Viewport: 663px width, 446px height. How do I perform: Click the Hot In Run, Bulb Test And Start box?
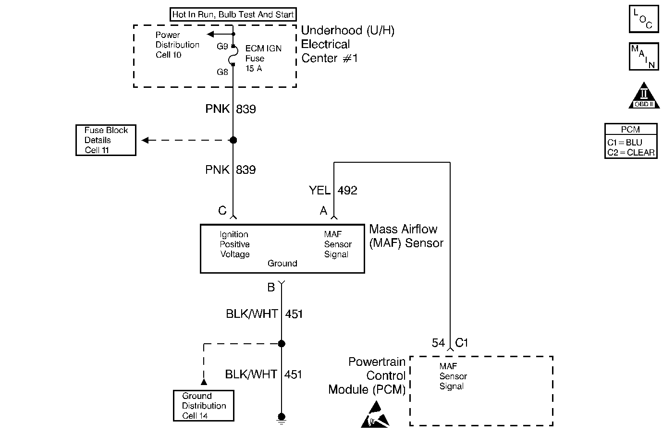coord(233,14)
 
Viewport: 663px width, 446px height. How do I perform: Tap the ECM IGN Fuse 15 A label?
coord(263,59)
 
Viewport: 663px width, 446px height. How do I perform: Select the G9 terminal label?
coord(222,47)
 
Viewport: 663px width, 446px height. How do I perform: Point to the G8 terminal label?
coord(222,72)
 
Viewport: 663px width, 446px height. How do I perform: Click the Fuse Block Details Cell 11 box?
coord(106,140)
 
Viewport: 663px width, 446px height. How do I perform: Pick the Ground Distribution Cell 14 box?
coord(204,406)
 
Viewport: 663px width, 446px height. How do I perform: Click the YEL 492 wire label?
coord(333,191)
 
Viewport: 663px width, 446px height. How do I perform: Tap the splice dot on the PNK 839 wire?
coord(233,140)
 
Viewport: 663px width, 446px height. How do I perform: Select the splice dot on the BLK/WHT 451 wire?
coord(282,344)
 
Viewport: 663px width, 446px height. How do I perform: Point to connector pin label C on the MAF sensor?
coord(222,211)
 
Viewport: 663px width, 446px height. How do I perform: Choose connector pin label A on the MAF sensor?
coord(323,211)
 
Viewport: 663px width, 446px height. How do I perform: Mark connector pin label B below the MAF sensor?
coord(271,288)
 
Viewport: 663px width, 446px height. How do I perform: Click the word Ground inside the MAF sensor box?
coord(282,264)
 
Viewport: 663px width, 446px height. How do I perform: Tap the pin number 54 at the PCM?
coord(438,343)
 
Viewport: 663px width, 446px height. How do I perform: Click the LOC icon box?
coord(643,19)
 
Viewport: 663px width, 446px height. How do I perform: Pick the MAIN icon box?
coord(643,57)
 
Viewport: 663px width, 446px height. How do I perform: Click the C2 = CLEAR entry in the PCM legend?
coord(631,153)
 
